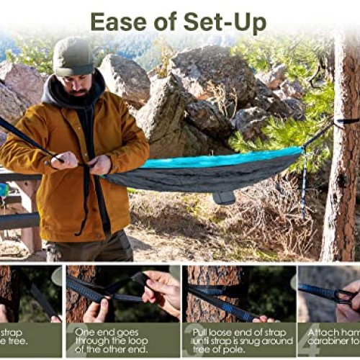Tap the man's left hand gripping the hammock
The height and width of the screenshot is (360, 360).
101,164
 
